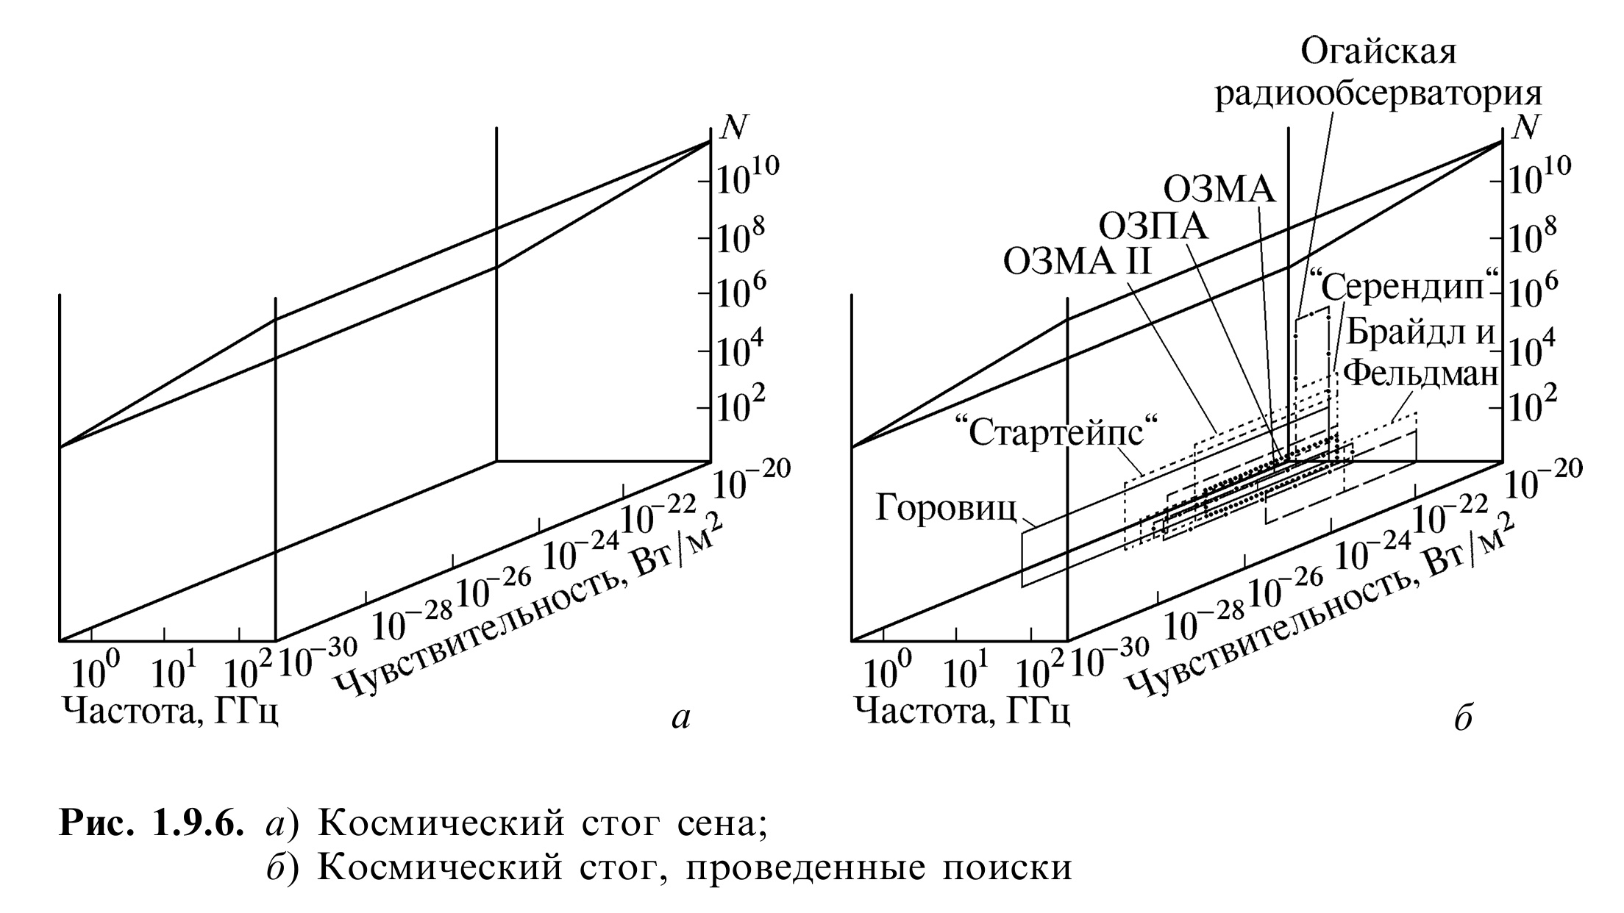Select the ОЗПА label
(x=1153, y=226)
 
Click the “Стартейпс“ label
(x=1055, y=432)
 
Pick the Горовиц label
(x=947, y=508)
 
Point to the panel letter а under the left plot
(x=682, y=719)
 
